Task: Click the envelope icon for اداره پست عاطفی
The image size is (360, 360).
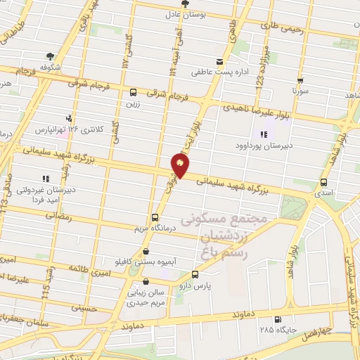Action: pyautogui.click(x=220, y=62)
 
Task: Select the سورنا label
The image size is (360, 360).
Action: pyautogui.click(x=300, y=91)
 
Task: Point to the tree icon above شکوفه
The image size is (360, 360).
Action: pyautogui.click(x=50, y=56)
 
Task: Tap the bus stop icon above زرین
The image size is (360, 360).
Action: pyautogui.click(x=133, y=92)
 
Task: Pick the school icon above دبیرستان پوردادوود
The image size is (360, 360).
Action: pyautogui.click(x=263, y=134)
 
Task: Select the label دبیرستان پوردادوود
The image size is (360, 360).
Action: pyautogui.click(x=264, y=147)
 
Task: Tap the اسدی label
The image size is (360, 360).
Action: pyautogui.click(x=324, y=191)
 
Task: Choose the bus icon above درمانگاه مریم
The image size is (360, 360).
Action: pyautogui.click(x=155, y=217)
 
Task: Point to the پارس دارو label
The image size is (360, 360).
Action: pyautogui.click(x=195, y=286)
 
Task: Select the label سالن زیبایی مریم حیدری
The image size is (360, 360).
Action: pyautogui.click(x=146, y=298)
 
